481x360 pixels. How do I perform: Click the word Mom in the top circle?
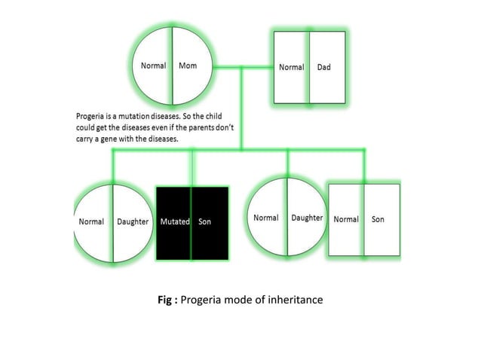tap(188, 66)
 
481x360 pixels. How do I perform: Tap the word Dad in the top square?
tap(323, 67)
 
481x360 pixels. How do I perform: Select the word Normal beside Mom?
tap(154, 66)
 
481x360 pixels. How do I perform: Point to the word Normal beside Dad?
tap(292, 67)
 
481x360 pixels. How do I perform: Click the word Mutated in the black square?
tap(175, 222)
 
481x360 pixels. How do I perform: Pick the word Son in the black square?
tap(204, 222)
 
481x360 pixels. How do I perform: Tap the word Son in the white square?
tap(378, 219)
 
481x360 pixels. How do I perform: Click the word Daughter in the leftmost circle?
tap(133, 222)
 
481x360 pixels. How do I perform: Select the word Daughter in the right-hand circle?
tap(307, 218)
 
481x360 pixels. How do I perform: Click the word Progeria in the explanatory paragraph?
tap(92, 116)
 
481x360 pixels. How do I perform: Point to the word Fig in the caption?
tap(164, 300)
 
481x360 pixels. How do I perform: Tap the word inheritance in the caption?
tap(296, 300)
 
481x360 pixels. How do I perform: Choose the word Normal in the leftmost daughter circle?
tap(92, 222)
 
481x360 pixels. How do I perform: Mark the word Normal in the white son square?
tap(346, 219)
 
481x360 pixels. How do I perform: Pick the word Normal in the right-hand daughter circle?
tap(265, 218)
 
